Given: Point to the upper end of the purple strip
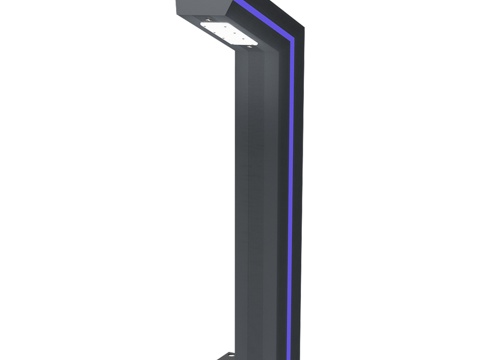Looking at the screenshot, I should (243, 3).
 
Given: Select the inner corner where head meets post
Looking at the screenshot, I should (237, 56).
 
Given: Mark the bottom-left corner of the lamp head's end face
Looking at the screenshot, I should (179, 14).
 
